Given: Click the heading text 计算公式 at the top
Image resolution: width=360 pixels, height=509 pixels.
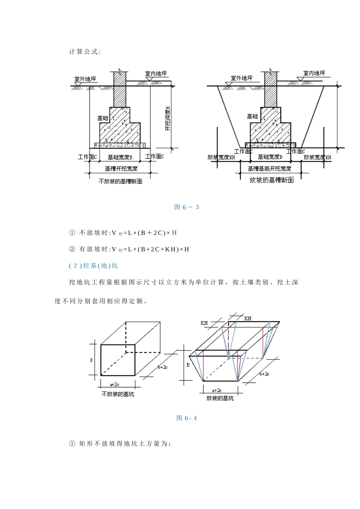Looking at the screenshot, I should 85,52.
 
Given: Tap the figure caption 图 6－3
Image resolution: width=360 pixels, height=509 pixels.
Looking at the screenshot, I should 186,207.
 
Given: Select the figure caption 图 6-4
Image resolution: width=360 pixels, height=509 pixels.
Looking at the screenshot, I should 186,418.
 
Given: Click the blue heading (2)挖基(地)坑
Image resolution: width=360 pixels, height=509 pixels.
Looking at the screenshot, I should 93,265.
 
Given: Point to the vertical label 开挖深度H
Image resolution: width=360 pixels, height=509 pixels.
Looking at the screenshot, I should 168,119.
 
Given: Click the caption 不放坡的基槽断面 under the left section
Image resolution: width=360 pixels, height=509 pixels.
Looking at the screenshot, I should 120,181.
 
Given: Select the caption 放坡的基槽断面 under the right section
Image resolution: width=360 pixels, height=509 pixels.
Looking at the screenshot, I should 271,180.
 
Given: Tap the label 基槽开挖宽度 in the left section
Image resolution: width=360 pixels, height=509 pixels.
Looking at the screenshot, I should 121,169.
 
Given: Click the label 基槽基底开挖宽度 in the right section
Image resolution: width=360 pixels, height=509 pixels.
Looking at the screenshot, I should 269,169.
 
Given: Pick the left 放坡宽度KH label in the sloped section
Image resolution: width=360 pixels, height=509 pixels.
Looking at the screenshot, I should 221,157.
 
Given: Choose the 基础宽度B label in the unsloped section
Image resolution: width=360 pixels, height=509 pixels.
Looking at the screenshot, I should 120,157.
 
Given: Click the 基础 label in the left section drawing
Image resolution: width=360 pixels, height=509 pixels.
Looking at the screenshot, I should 103,118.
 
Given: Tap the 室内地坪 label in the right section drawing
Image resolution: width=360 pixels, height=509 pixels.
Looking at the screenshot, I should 314,73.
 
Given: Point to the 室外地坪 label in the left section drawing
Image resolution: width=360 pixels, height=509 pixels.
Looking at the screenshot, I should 85,79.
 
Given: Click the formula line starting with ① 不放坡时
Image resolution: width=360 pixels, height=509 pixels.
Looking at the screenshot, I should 123,233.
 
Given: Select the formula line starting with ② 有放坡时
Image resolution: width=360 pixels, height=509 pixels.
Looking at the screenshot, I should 129,249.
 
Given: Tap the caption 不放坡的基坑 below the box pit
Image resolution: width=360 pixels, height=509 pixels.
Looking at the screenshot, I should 118,394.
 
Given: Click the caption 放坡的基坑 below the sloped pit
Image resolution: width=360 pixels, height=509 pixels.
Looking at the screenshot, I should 220,398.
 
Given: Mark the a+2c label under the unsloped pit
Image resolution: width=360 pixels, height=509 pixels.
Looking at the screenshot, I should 115,384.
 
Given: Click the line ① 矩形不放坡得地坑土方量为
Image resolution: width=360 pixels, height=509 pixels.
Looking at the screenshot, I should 121,443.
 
